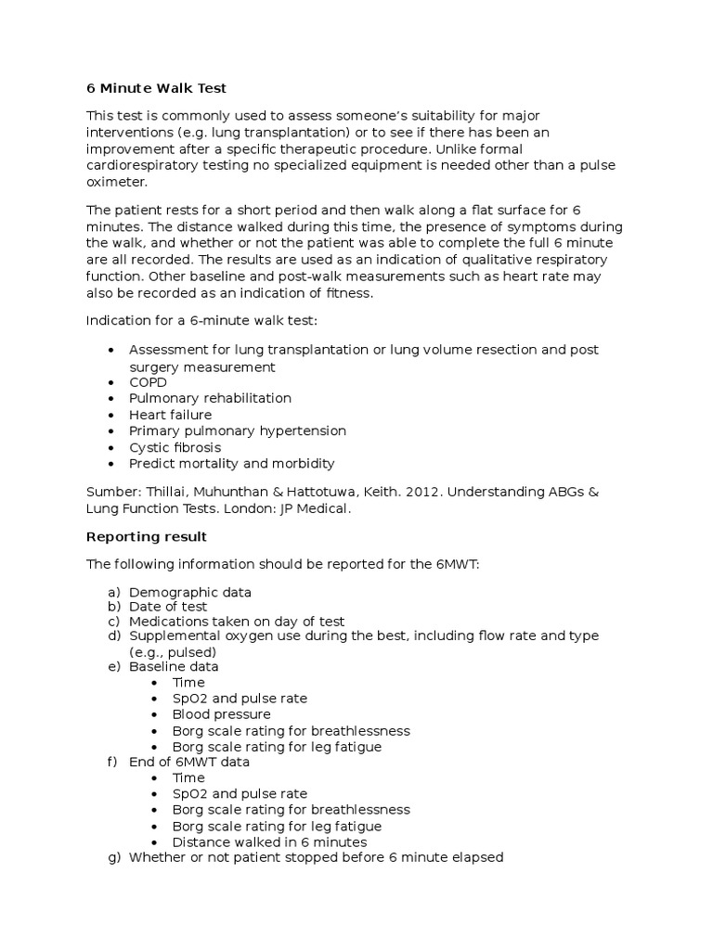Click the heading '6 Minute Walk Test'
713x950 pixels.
point(156,88)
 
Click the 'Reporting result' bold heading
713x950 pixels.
point(146,536)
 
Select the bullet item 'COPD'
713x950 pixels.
point(148,382)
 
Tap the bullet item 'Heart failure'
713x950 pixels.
point(170,415)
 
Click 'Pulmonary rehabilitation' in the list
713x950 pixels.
point(210,398)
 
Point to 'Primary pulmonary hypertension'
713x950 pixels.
point(237,430)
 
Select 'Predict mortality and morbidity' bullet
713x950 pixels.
point(231,463)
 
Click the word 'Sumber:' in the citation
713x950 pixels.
point(112,492)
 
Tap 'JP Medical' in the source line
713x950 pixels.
point(319,508)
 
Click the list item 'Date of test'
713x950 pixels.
point(168,607)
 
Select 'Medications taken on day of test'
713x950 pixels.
point(237,622)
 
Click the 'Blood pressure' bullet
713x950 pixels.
point(221,714)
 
